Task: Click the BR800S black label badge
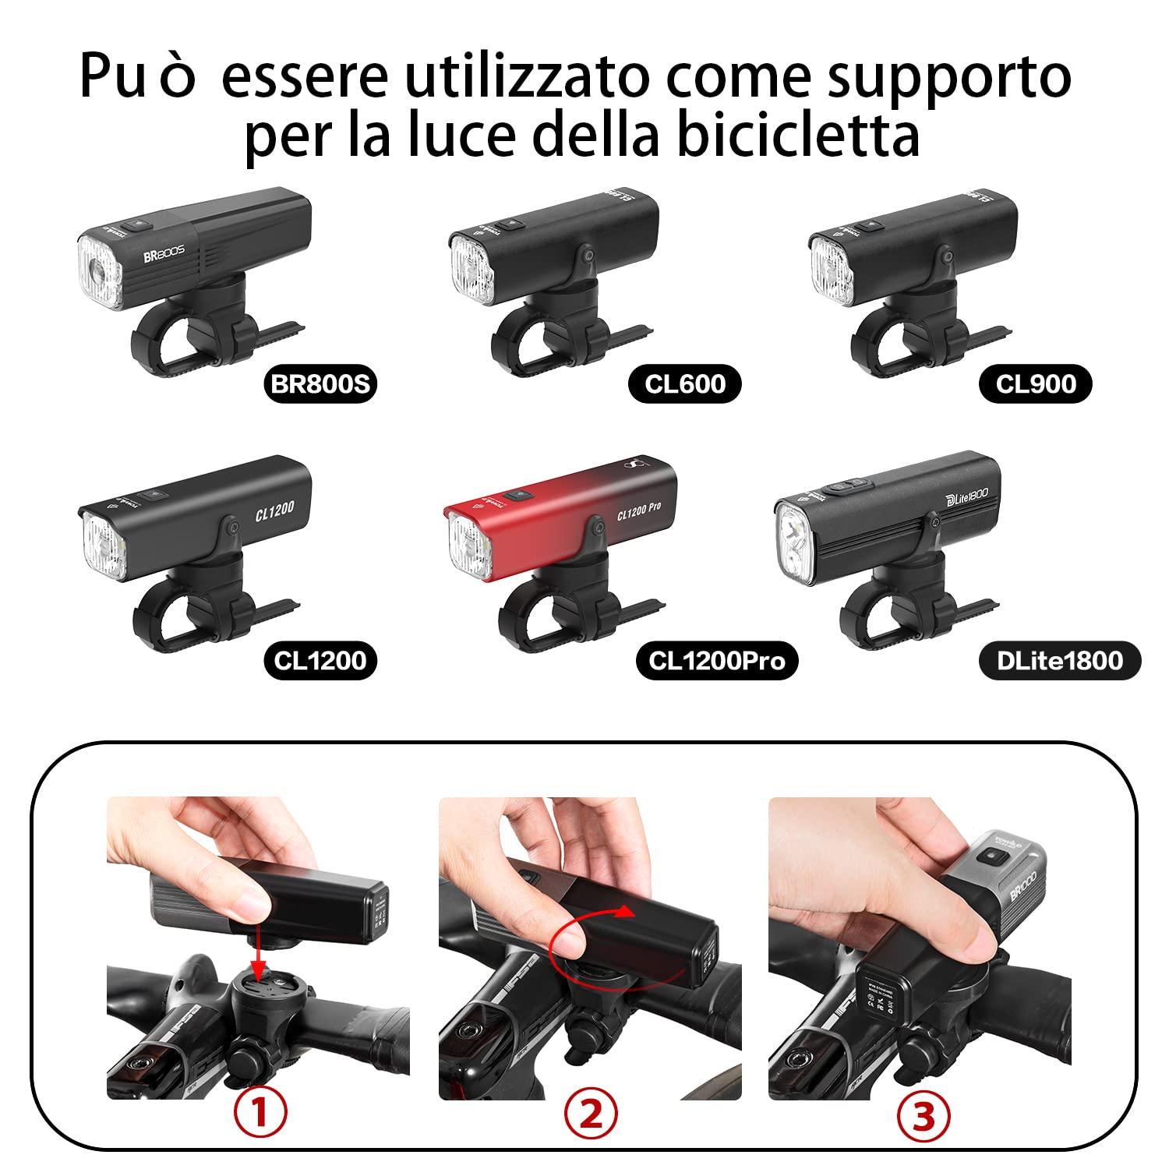320,383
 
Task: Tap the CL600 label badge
684,383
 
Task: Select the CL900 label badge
1035,383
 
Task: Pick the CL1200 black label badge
320,660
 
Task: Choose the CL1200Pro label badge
716,660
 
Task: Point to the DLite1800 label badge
1059,660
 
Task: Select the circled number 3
923,1116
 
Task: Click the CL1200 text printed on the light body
274,510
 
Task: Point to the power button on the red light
514,496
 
